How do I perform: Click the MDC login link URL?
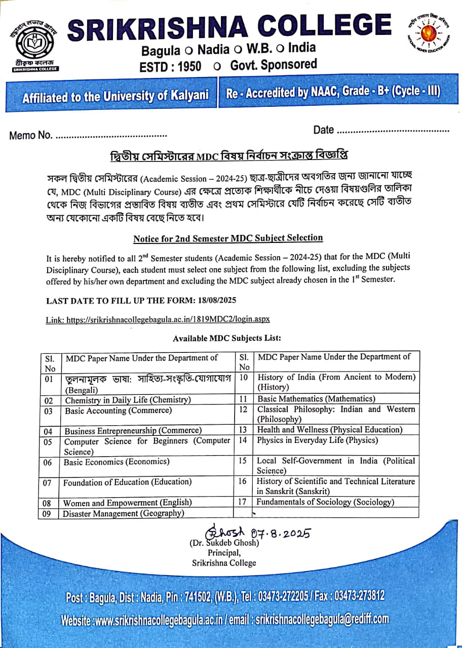click(x=168, y=319)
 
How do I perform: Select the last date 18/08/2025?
click(x=215, y=300)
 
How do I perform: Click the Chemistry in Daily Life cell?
click(x=128, y=400)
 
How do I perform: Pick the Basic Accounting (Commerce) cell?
click(x=118, y=411)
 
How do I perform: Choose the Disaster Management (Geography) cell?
click(x=123, y=513)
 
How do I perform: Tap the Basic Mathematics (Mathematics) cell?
click(x=316, y=399)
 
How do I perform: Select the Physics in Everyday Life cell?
click(x=317, y=440)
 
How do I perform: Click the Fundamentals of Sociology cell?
click(x=325, y=502)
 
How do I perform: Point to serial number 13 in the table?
click(x=243, y=430)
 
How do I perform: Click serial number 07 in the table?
click(x=47, y=483)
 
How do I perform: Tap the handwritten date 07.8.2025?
click(x=280, y=533)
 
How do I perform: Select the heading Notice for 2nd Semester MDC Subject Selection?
click(x=228, y=238)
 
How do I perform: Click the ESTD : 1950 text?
click(x=170, y=66)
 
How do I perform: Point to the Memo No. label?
click(x=31, y=135)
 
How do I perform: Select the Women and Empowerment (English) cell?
click(x=127, y=503)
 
